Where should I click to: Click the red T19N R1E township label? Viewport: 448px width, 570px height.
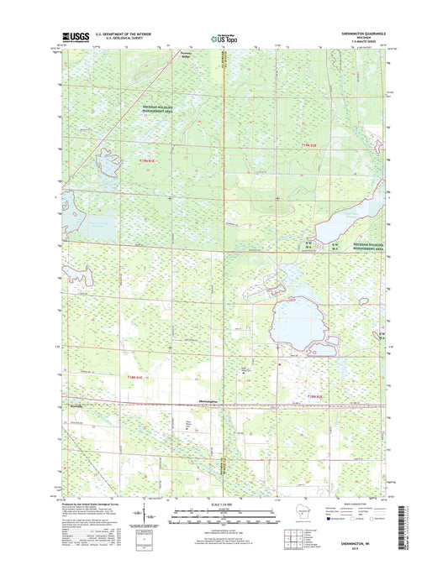point(148,159)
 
